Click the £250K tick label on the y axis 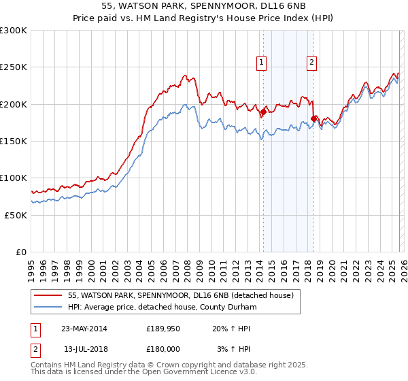pos(13,67)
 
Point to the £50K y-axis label pos(16,215)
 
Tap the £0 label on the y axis pos(22,252)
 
